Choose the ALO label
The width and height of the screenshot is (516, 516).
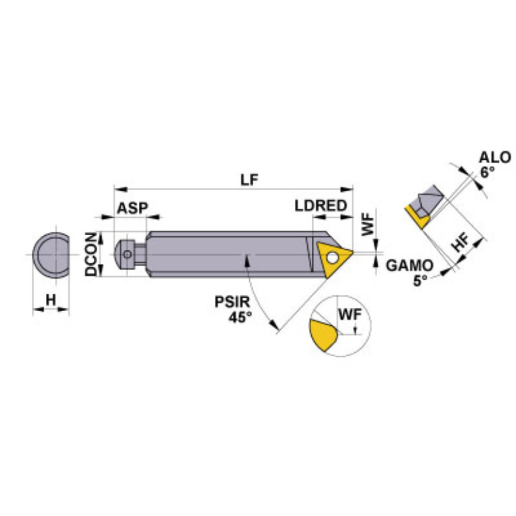pyautogui.click(x=494, y=158)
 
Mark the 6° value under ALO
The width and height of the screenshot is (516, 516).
pyautogui.click(x=487, y=172)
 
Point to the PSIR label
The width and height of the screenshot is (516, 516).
pyautogui.click(x=229, y=303)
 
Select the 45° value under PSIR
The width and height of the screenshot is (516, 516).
pyautogui.click(x=235, y=317)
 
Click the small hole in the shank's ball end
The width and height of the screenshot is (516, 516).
pyautogui.click(x=126, y=254)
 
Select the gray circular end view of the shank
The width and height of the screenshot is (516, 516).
pyautogui.click(x=51, y=256)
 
